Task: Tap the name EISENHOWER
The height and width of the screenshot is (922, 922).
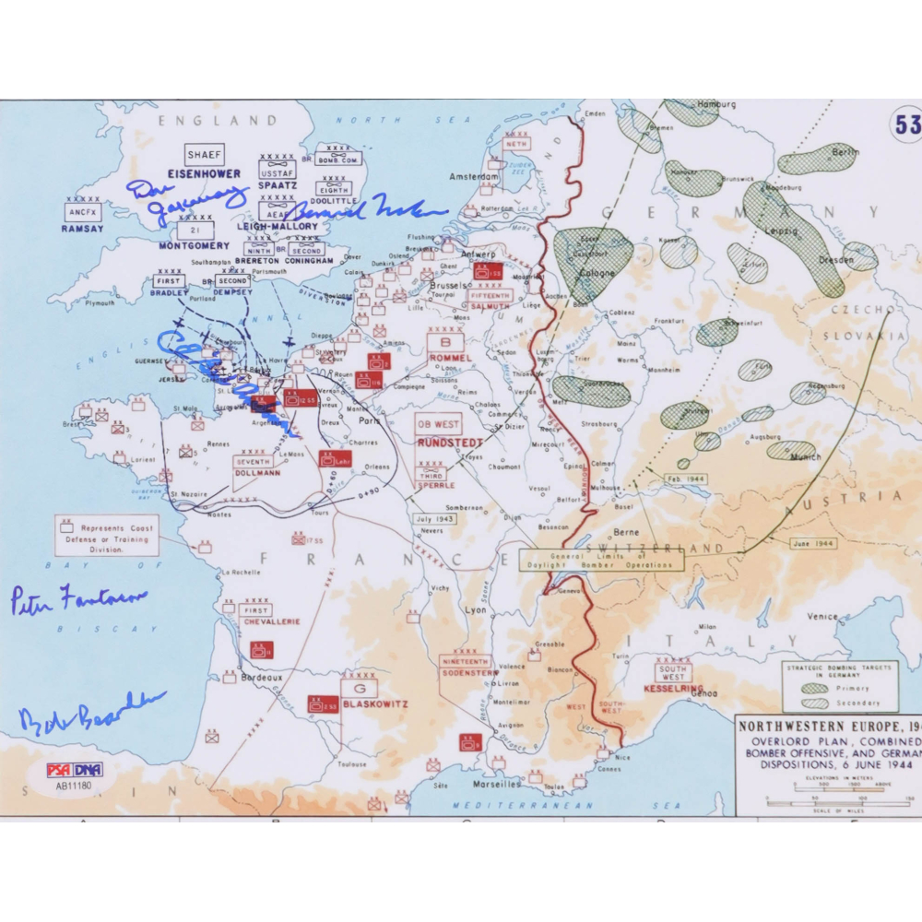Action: pyautogui.click(x=204, y=173)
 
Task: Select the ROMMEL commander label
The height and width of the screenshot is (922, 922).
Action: pyautogui.click(x=450, y=358)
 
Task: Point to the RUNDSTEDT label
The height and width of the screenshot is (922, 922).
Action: pyautogui.click(x=450, y=443)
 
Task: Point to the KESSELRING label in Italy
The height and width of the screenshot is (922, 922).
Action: pyautogui.click(x=674, y=689)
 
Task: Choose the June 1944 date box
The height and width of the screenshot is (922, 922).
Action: pyautogui.click(x=812, y=543)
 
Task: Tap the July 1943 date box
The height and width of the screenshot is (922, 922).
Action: pyautogui.click(x=435, y=519)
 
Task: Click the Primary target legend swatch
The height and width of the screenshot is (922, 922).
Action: pyautogui.click(x=814, y=688)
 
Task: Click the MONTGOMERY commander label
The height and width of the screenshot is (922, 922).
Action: pyautogui.click(x=194, y=246)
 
